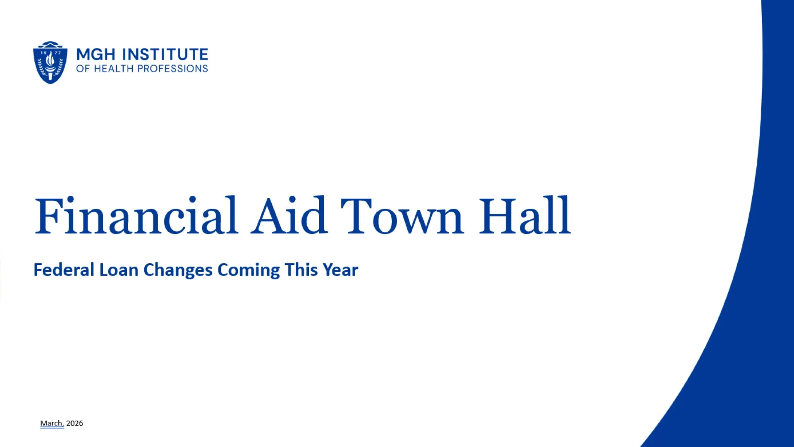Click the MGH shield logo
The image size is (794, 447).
pos(50,62)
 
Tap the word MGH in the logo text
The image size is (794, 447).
pos(96,54)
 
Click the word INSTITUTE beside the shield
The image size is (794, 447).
pos(165,54)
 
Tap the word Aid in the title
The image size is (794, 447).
pos(289,216)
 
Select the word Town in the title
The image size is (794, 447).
pos(401,216)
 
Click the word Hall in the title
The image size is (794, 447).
pos(525,216)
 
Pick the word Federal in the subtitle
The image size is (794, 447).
pos(64,270)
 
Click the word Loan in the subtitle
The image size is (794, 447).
pos(119,270)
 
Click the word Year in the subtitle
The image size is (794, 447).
pos(340,270)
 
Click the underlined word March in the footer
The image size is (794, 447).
pos(52,423)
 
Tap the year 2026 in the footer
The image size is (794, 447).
pos(75,423)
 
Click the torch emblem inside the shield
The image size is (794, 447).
pos(50,64)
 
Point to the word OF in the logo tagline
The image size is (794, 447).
pos(83,69)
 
